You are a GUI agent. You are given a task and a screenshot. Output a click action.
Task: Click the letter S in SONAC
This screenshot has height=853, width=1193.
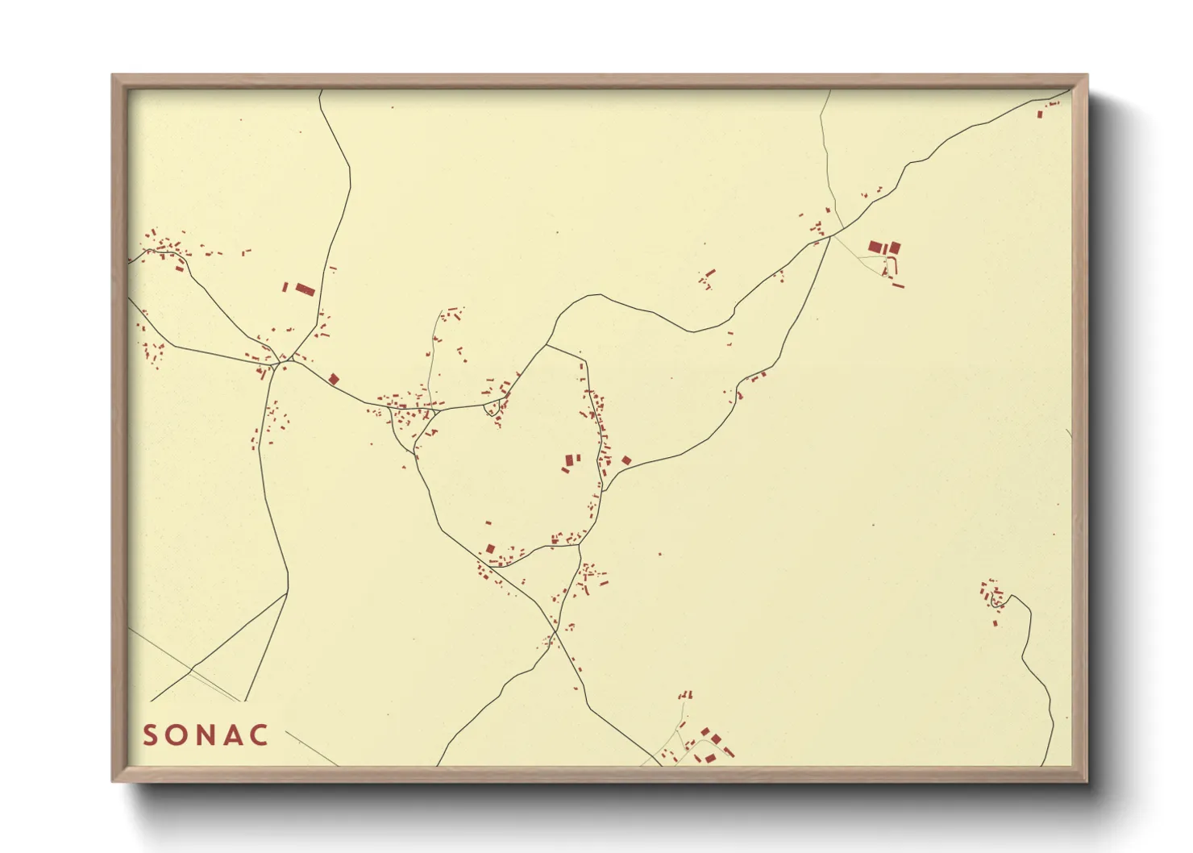(150, 735)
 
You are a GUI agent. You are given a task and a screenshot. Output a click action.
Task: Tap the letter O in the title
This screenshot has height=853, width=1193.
(177, 735)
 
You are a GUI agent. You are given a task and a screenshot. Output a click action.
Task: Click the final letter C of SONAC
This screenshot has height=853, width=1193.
(260, 735)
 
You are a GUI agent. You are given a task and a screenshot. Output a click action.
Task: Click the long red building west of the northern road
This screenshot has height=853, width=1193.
(305, 289)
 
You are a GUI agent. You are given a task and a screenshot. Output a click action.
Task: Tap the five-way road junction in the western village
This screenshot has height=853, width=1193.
(278, 362)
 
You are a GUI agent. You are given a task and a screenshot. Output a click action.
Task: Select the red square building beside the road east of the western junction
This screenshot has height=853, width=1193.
(334, 379)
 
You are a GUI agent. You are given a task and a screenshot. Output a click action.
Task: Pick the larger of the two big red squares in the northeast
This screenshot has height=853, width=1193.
(876, 248)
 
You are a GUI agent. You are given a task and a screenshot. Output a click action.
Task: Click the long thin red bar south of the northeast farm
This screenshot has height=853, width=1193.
(898, 285)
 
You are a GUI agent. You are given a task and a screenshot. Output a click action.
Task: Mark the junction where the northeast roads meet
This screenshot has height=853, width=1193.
(830, 236)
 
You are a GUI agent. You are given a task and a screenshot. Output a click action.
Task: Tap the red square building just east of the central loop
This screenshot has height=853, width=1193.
(626, 460)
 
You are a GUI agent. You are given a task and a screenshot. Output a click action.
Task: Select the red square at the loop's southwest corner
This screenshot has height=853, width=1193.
(490, 549)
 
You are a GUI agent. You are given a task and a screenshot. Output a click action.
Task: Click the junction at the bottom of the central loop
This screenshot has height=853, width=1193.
(580, 546)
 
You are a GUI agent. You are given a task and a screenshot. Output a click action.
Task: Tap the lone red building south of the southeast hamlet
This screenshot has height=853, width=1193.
(996, 623)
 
